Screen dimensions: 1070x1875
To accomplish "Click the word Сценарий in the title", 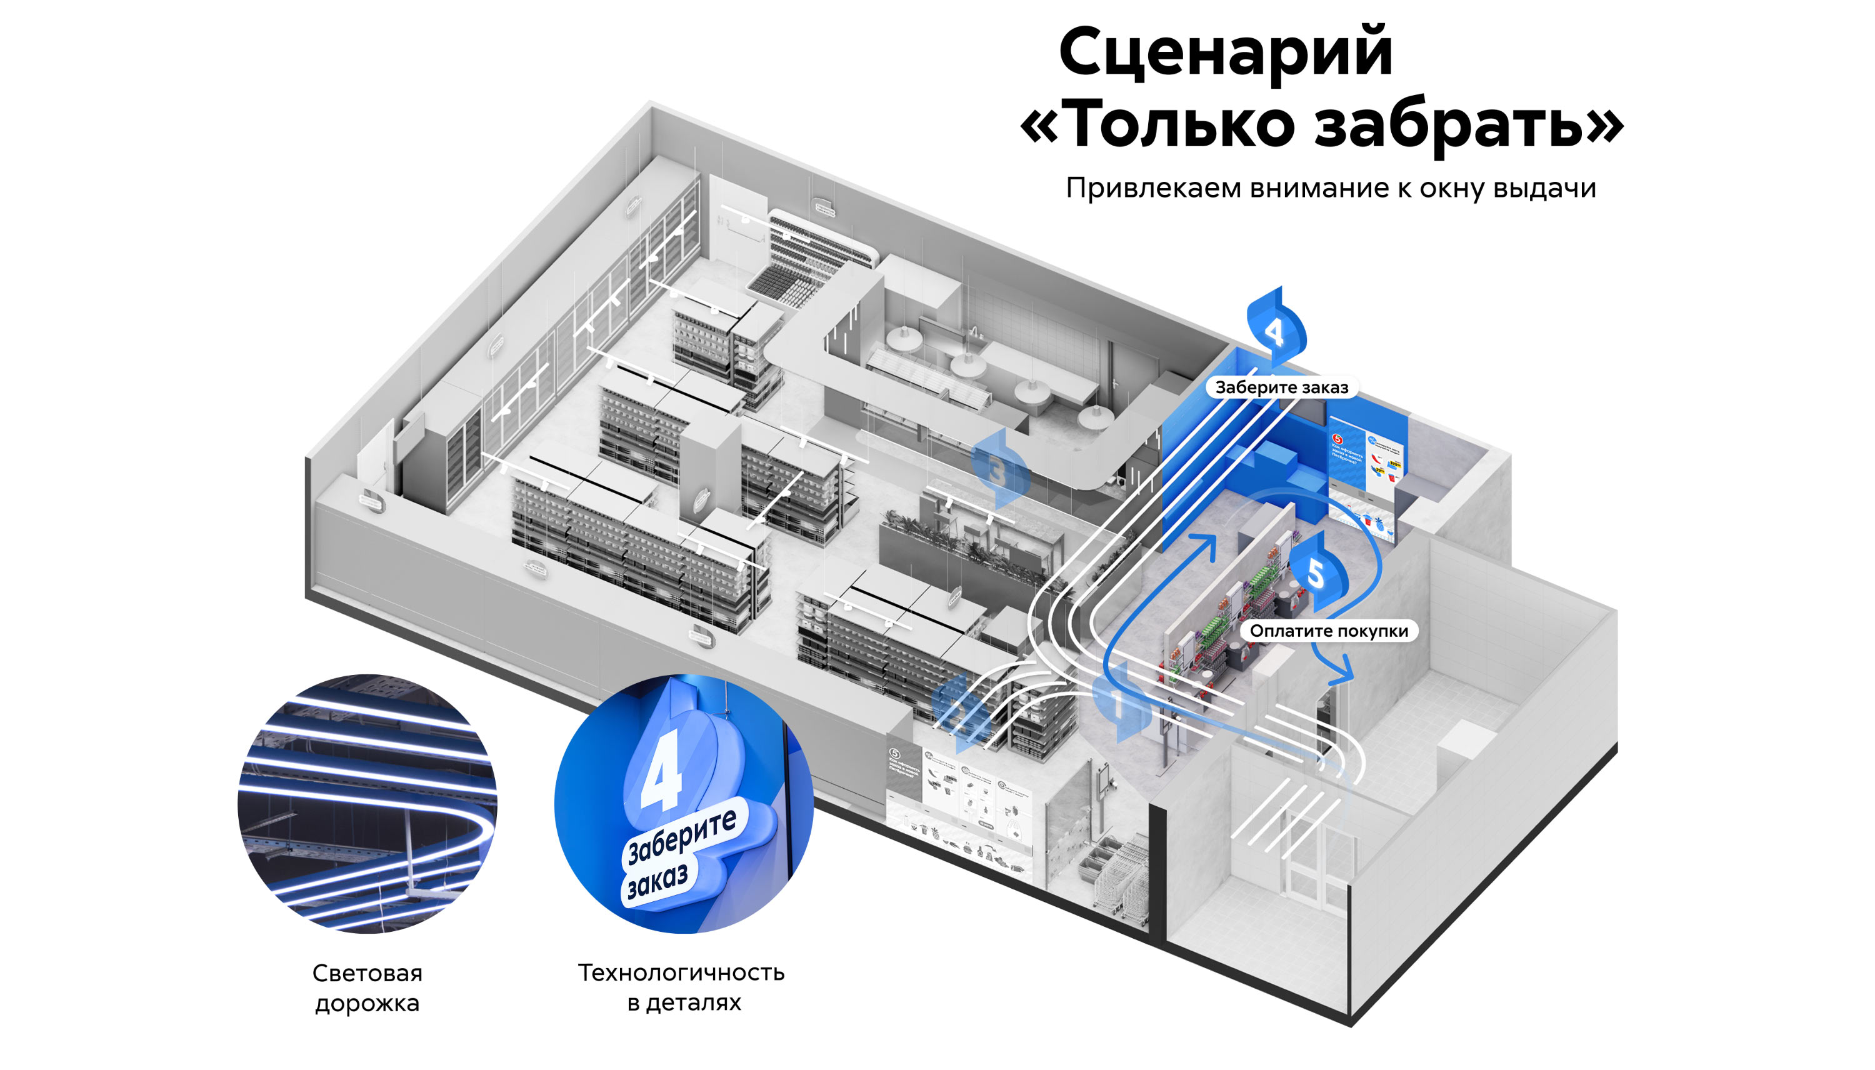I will click(x=1225, y=53).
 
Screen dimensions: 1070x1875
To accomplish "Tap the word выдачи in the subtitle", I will click(x=1544, y=189).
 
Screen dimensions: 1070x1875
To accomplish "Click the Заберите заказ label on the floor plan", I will click(x=1281, y=387).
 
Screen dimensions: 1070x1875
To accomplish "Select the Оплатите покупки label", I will click(x=1328, y=631).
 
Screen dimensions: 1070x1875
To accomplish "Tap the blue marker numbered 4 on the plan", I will click(x=1276, y=330).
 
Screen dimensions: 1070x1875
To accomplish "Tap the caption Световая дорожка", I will click(x=367, y=987).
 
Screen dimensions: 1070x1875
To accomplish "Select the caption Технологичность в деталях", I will click(x=682, y=987).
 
